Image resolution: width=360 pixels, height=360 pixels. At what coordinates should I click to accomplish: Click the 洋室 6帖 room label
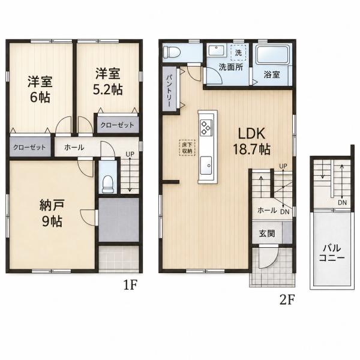[x=40, y=89]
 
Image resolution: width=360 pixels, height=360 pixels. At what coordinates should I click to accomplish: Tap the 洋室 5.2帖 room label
[x=107, y=81]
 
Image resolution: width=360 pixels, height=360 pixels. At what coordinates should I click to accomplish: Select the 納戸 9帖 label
[x=52, y=213]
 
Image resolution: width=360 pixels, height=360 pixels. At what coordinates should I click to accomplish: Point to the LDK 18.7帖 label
[x=251, y=141]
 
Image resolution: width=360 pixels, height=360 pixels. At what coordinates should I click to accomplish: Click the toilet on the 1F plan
[x=107, y=184]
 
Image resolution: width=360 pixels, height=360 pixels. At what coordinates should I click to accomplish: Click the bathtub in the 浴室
[x=272, y=55]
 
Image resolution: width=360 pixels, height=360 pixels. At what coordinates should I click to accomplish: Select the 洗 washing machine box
[x=238, y=53]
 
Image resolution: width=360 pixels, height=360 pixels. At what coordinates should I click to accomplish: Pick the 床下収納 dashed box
[x=187, y=148]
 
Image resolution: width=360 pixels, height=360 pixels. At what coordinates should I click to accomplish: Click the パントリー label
[x=169, y=90]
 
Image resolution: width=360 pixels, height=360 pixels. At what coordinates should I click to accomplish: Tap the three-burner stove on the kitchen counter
[x=206, y=127]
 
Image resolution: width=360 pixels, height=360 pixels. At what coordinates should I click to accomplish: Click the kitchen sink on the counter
[x=206, y=166]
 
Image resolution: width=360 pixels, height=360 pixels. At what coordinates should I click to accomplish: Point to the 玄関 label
[x=267, y=233]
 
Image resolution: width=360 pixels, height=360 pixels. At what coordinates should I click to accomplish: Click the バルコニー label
[x=332, y=253]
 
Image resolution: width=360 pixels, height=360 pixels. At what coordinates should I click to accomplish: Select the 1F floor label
[x=130, y=285]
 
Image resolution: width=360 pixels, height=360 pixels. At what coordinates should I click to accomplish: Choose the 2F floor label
[x=287, y=299]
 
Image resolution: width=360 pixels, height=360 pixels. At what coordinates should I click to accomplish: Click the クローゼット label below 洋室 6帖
[x=29, y=147]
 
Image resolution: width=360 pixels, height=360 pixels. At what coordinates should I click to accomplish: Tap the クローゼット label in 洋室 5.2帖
[x=118, y=125]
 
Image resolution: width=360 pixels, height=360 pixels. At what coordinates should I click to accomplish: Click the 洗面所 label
[x=231, y=67]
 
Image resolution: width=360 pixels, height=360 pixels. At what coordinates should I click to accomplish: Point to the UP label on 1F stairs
[x=130, y=154]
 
